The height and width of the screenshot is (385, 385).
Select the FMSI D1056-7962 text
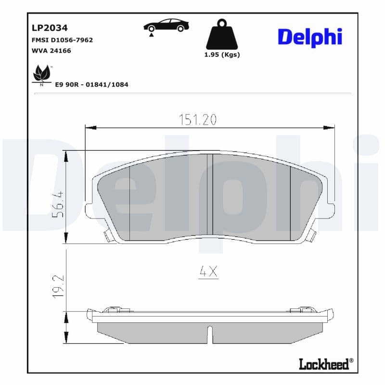[62, 40]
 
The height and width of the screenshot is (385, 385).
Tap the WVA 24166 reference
[51, 50]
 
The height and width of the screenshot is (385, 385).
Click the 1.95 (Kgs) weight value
[222, 54]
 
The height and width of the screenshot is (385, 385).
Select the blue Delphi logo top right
[310, 37]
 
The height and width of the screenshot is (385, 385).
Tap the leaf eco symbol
[41, 74]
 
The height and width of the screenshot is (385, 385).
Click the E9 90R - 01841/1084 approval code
[91, 84]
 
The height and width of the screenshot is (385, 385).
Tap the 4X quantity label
[208, 272]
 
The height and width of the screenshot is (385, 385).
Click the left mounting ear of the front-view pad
[89, 210]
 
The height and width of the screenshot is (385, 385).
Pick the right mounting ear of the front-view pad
[331, 210]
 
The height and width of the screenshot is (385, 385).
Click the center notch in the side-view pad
[209, 334]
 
